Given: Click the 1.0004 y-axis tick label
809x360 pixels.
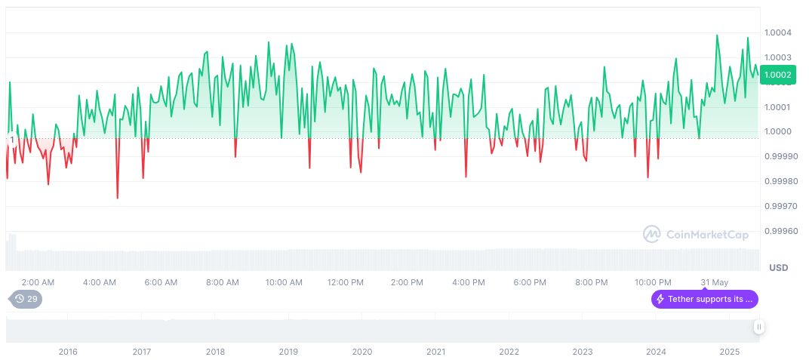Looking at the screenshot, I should [777, 32].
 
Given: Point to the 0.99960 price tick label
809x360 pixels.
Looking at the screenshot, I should [780, 231].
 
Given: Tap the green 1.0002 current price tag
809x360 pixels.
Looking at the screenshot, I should [777, 74].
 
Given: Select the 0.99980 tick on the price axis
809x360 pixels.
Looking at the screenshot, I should [780, 181].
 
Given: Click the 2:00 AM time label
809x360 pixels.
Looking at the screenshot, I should [38, 282].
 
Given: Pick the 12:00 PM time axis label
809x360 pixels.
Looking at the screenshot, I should [346, 282].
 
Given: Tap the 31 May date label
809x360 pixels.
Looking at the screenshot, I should [714, 282].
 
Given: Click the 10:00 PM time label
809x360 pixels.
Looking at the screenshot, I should [653, 282].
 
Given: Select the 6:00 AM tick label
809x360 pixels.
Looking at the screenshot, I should [161, 282].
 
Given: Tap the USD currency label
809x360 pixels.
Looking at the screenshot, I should [778, 268].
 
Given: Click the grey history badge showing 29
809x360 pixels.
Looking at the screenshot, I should [26, 299].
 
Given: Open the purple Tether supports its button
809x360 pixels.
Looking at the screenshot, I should [704, 299].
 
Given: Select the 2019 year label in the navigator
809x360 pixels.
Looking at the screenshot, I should [288, 352].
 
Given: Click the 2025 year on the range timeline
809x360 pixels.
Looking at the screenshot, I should [728, 352].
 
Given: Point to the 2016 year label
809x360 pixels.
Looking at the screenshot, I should [68, 352].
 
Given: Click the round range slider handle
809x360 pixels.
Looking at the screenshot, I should [758, 327].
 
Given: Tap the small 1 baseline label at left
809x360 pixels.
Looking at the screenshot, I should [12, 140].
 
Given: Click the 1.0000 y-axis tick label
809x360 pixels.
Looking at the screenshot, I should [777, 131].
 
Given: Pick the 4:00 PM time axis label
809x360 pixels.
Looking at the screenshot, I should [468, 282].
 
